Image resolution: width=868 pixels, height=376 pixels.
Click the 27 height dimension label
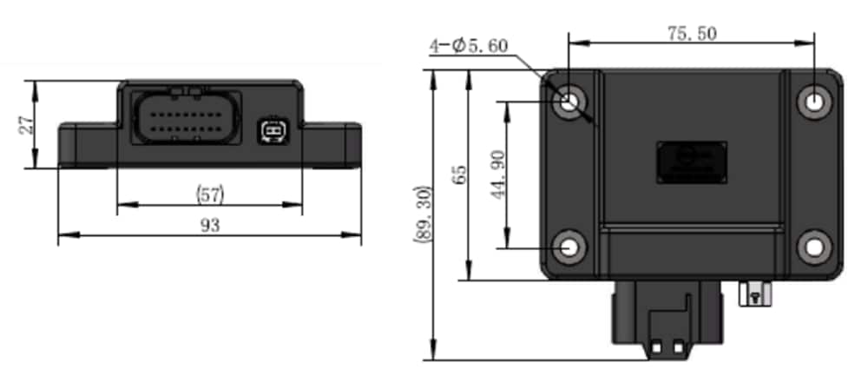click(25, 124)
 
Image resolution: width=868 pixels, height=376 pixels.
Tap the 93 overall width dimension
click(209, 225)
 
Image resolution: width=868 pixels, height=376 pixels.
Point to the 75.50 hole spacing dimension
click(692, 33)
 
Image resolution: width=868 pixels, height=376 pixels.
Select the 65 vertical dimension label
click(459, 175)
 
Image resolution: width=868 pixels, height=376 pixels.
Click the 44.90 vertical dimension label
click(497, 174)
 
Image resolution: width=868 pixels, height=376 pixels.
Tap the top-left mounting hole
click(569, 101)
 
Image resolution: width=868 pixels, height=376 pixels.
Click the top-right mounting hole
click(815, 101)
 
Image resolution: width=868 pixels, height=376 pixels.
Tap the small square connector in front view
click(271, 132)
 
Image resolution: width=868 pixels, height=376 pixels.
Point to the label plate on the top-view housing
click(691, 162)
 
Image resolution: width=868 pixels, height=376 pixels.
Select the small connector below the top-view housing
click(753, 293)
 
